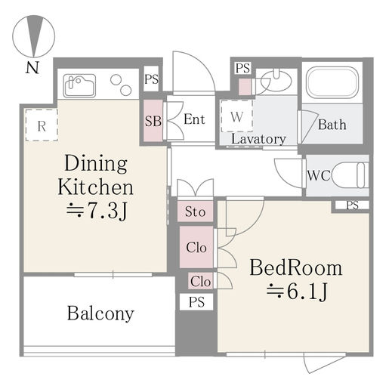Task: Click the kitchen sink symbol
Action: (79, 85)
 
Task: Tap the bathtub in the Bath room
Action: (332, 82)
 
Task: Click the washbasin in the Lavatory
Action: (276, 79)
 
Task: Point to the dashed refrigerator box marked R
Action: (42, 125)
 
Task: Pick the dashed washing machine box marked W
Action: (236, 116)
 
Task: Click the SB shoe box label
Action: (153, 121)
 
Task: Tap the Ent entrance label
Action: (194, 119)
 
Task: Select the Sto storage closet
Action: (195, 211)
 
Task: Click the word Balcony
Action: (100, 313)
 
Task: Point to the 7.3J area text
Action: (97, 210)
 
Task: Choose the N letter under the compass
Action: (32, 67)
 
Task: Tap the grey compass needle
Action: (34, 35)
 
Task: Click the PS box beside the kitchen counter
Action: (151, 79)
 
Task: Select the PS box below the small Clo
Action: (196, 302)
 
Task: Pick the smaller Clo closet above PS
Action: (201, 281)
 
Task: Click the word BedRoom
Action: (296, 268)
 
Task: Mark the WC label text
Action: (319, 175)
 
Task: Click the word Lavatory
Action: (258, 139)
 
